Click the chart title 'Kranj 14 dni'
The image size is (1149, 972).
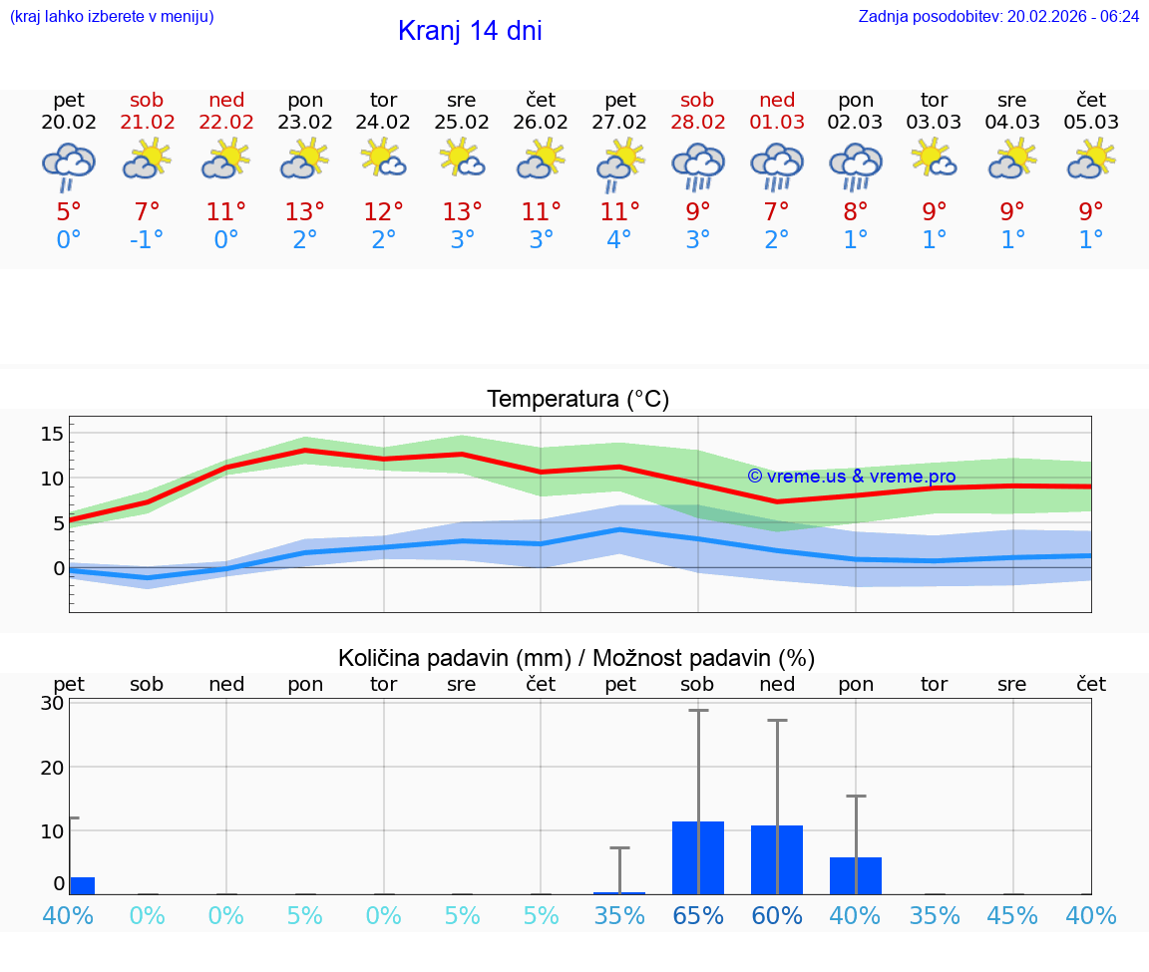(470, 31)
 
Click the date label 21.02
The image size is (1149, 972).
(148, 122)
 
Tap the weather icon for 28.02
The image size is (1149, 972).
(697, 164)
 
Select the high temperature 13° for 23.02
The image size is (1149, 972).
(305, 211)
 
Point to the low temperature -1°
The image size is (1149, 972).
(147, 240)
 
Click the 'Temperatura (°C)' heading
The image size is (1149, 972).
(577, 400)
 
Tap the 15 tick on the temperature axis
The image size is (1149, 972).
(52, 434)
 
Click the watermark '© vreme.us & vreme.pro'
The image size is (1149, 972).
(851, 477)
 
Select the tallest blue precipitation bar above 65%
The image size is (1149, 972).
(698, 857)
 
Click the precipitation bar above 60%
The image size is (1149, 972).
(777, 859)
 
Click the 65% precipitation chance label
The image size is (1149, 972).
(698, 915)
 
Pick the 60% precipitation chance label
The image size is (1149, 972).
(777, 915)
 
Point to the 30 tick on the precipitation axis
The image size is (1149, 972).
(52, 703)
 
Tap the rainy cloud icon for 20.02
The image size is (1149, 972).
(69, 164)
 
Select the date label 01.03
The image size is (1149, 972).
(777, 122)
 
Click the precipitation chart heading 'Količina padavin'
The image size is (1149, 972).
(576, 658)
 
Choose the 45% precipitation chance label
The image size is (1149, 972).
(1012, 915)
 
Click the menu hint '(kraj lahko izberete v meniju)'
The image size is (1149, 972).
(112, 17)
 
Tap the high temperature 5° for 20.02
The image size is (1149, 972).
(69, 211)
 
